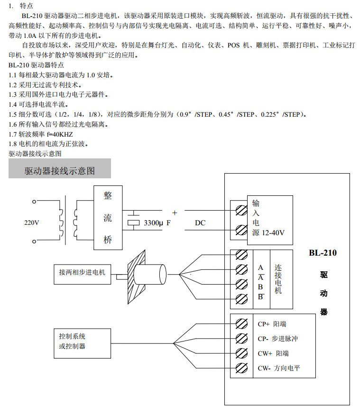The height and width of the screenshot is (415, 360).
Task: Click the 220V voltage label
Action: point(32,222)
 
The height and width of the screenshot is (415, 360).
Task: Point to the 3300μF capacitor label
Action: point(157,222)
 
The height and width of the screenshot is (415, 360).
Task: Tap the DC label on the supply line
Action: point(200,222)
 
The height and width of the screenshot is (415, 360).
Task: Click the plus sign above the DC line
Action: point(175,212)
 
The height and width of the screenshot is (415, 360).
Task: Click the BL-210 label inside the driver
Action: point(323,253)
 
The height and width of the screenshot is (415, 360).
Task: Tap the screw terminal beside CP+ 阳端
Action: point(241,324)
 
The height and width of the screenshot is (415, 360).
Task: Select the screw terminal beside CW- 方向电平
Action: point(241,368)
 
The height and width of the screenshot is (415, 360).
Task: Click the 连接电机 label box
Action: point(278,279)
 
